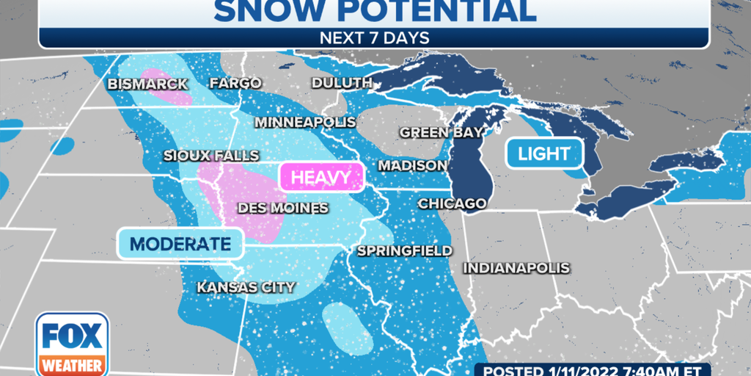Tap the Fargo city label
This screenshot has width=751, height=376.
pos(235,83)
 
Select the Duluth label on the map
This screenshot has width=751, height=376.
pos(342,83)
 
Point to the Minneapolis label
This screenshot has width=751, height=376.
pos(306,121)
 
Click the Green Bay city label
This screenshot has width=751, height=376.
pos(442,132)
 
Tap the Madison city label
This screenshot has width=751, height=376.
pos(413,165)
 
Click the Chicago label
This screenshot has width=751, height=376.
pos(452,203)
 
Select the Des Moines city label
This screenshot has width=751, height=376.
pos(282,208)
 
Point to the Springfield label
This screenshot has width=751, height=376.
pos(405,250)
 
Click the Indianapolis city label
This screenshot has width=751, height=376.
pos(516,268)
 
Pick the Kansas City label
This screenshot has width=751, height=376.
pos(246,287)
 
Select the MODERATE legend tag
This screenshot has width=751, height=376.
pos(180,244)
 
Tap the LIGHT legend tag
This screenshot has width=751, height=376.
pos(543,153)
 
